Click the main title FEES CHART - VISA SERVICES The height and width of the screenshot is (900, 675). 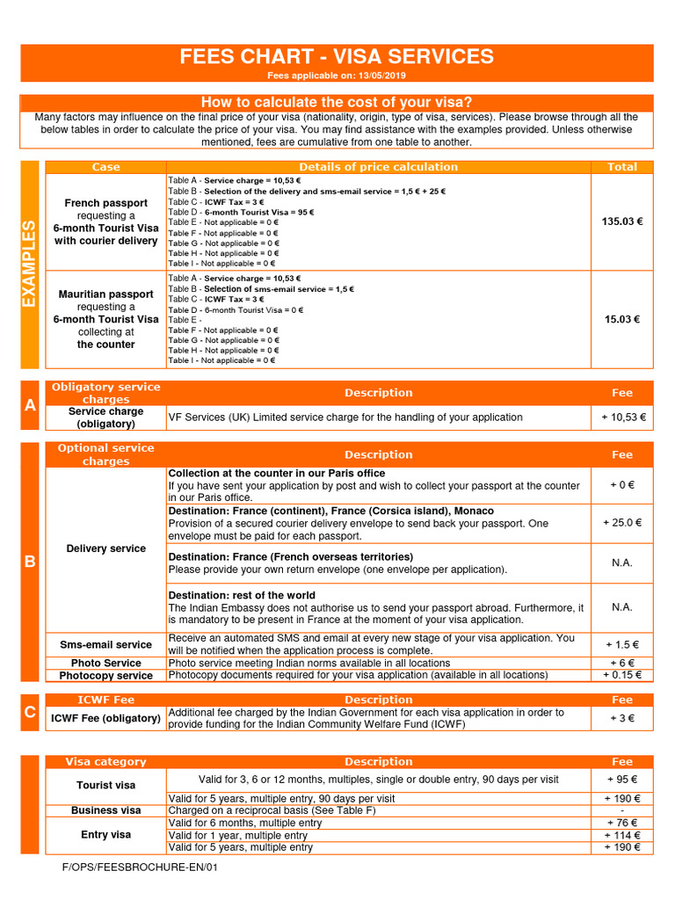click(x=337, y=58)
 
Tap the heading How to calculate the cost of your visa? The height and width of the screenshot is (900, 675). click(x=337, y=103)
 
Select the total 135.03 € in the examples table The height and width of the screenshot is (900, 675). click(x=622, y=221)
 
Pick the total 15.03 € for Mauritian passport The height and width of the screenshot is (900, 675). click(x=622, y=319)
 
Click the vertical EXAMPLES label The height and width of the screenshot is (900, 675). click(x=30, y=264)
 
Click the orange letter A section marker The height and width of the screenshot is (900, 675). click(x=30, y=405)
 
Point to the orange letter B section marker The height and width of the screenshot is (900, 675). click(x=30, y=562)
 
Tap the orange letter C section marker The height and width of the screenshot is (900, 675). click(x=30, y=712)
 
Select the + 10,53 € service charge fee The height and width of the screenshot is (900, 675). click(x=622, y=417)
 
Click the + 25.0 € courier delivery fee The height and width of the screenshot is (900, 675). click(x=622, y=523)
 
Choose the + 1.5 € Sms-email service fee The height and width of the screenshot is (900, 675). click(x=622, y=644)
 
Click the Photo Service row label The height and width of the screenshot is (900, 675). click(x=106, y=663)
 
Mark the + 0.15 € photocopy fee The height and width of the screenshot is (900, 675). click(x=622, y=675)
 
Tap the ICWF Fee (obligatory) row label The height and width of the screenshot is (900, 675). click(x=106, y=718)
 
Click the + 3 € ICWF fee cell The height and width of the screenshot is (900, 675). click(x=622, y=718)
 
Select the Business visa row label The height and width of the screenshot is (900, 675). click(x=106, y=810)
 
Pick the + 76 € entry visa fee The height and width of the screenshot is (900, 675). click(x=622, y=823)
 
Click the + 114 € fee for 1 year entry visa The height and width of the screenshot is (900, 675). click(x=622, y=835)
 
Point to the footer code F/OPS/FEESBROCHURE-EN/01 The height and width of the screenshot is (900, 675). click(x=140, y=867)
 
